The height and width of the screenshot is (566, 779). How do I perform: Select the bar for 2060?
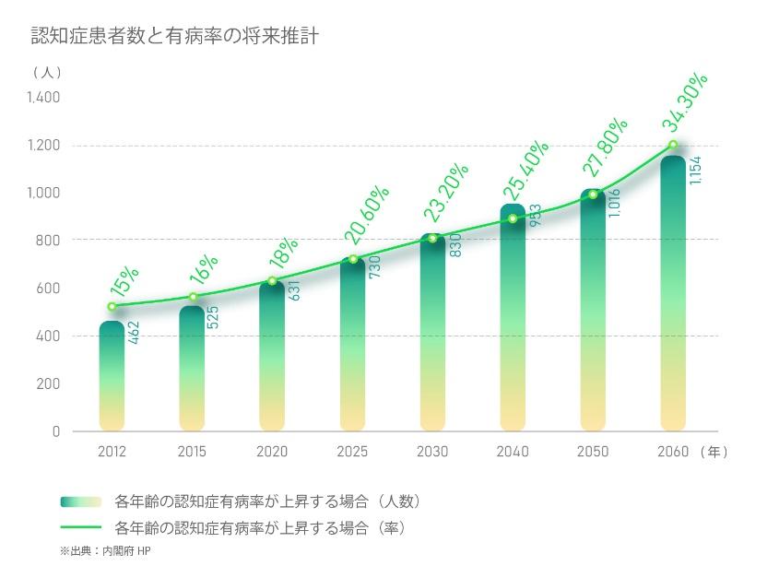click(x=673, y=295)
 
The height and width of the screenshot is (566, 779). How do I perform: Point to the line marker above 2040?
click(x=513, y=218)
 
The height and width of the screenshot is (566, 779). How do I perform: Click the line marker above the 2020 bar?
click(x=272, y=281)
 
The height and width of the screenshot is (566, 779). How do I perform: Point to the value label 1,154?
click(x=696, y=169)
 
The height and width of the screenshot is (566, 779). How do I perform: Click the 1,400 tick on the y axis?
click(x=43, y=98)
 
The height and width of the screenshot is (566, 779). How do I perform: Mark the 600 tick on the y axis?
click(x=49, y=289)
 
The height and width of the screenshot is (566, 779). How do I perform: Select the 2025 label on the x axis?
click(x=352, y=452)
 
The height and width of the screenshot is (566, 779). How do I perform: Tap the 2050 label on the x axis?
click(x=593, y=452)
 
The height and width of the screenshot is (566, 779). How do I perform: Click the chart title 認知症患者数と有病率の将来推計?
click(x=175, y=37)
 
